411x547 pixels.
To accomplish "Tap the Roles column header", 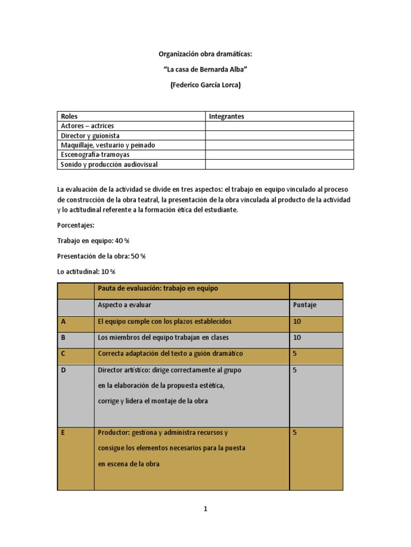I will pos(70,116).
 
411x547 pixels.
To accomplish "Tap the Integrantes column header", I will pos(226,116).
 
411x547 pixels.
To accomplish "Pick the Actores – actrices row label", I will pos(87,126).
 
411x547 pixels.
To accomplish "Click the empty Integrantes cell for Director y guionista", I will pos(279,136).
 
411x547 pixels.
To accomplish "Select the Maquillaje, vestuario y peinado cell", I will pos(108,145).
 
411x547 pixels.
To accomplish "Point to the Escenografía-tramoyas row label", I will pos(95,155).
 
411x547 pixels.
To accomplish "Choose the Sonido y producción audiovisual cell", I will pos(109,165).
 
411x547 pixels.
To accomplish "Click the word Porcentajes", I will pos(75,225).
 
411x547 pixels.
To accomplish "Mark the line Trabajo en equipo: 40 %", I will pos(93,241).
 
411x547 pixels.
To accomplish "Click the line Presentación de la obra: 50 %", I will pos(101,256).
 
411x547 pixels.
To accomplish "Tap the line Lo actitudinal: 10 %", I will pos(86,272).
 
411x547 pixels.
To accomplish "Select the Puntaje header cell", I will pos(305,305).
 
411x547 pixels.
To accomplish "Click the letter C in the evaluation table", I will pos(63,354).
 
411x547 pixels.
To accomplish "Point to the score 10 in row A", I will pos(298,322).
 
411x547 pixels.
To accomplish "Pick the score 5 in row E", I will pos(295,433).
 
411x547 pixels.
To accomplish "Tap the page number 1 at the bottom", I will pos(205,509).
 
